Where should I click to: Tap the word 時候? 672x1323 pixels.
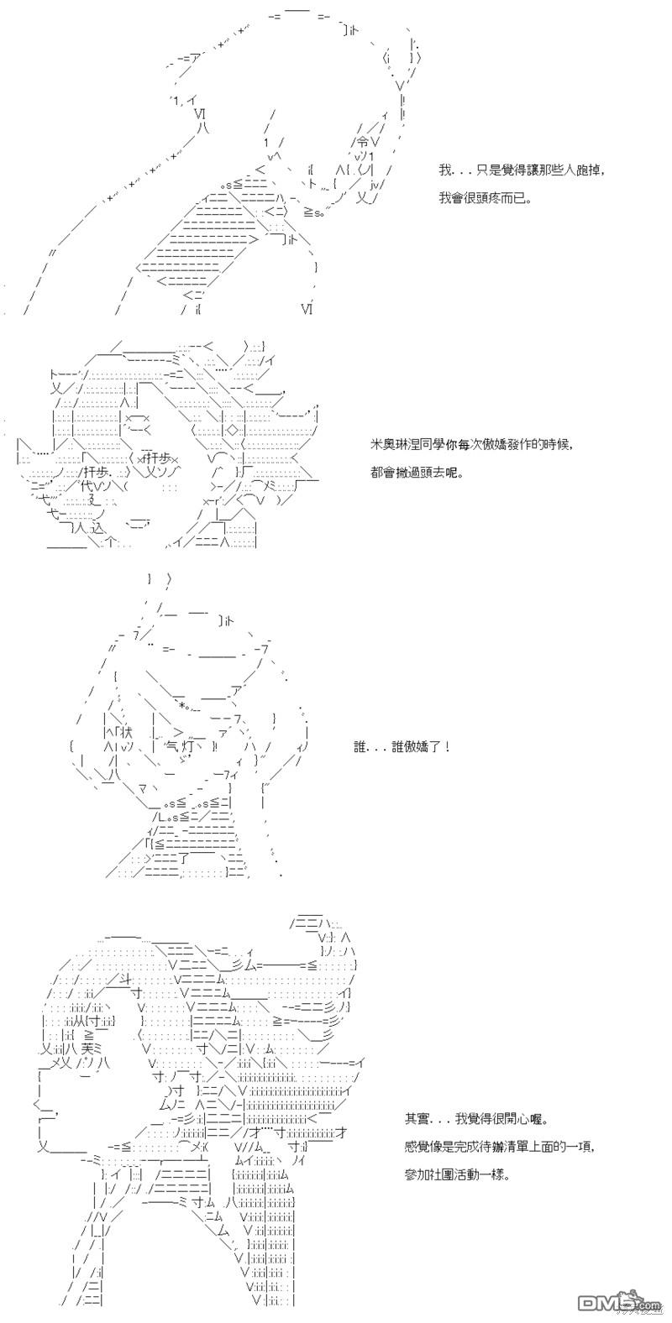click(x=555, y=445)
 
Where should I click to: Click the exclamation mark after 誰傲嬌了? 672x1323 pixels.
click(x=448, y=747)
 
